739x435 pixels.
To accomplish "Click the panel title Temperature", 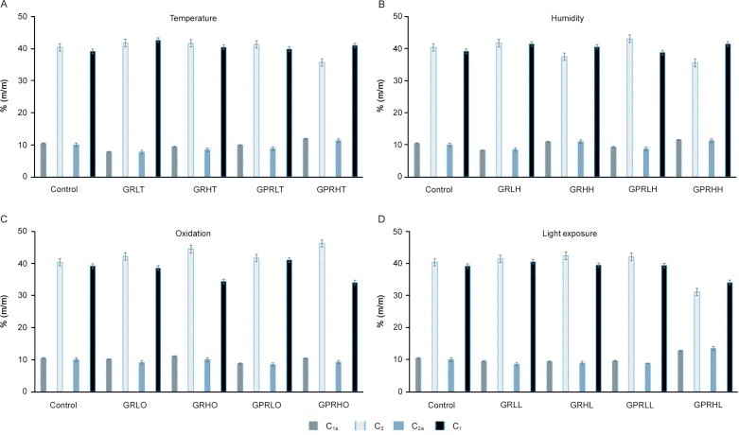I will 191,19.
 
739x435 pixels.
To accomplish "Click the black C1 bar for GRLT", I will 158,108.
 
